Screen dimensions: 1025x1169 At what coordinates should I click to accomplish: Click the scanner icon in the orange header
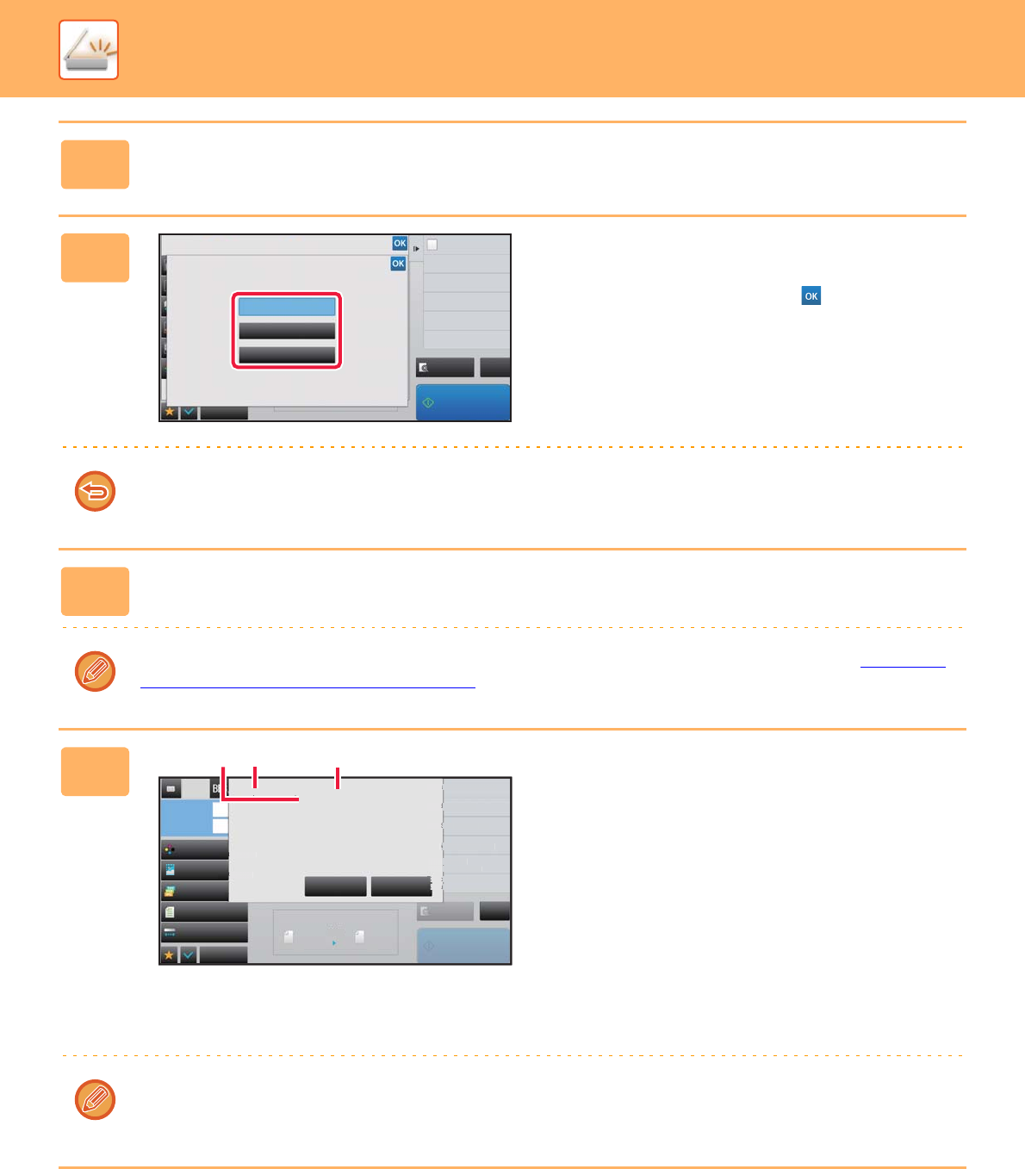88,50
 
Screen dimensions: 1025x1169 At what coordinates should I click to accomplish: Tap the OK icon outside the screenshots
811,295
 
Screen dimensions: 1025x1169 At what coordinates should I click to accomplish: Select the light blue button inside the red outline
287,307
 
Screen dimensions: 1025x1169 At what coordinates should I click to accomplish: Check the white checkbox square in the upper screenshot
432,245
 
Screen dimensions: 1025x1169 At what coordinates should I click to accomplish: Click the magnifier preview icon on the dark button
424,368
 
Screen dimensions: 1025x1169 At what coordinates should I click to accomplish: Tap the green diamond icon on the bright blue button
428,402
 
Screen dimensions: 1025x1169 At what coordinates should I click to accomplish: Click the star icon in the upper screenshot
170,412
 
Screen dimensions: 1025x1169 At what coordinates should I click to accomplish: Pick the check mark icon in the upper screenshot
189,412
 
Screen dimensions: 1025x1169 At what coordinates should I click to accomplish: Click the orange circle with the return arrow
95,491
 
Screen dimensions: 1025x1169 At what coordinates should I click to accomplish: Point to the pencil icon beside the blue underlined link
95,671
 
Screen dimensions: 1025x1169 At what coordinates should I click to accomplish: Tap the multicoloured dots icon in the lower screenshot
170,849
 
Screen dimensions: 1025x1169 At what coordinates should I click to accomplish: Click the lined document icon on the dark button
170,911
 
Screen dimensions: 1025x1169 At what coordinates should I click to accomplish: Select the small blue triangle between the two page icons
334,942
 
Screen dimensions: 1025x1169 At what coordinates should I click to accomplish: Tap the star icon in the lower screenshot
169,955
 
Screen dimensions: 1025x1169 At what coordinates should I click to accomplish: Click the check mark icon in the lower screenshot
188,955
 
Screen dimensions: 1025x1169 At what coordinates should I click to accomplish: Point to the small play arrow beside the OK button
416,249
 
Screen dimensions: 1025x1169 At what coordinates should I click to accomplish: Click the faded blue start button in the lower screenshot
463,945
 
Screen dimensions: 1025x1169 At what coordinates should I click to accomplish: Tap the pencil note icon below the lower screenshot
95,1099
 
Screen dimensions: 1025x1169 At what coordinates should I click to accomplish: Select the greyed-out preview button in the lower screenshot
445,911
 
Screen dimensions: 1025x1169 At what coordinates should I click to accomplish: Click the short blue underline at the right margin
903,667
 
